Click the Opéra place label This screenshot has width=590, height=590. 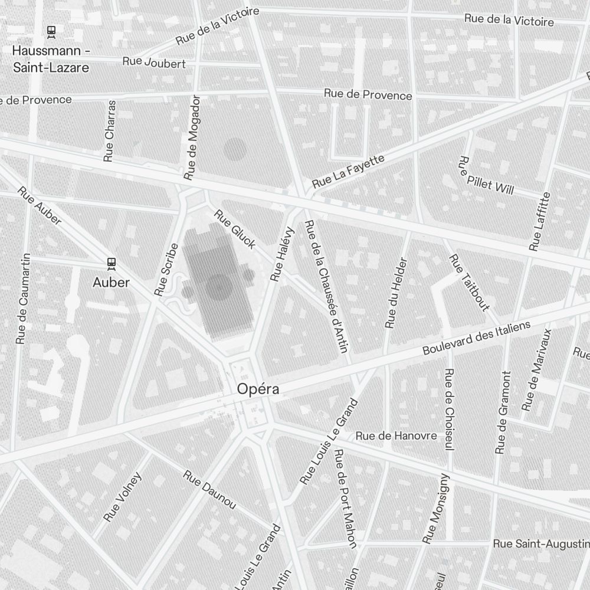pos(257,389)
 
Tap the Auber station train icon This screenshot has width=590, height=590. pos(111,264)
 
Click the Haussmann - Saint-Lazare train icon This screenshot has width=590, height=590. pos(51,31)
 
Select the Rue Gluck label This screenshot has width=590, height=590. pos(234,229)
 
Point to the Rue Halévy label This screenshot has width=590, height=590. pos(282,253)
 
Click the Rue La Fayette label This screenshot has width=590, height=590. pos(348,172)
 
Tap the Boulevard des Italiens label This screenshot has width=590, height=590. pos(476,338)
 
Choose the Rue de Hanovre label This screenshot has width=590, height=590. pos(396,436)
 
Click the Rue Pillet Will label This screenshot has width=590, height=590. pos(486,175)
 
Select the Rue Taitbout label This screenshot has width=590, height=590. pos(469,282)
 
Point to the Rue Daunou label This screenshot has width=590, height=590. pos(209,490)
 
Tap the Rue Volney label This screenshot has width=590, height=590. pos(123,497)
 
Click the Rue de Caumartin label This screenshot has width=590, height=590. pos(23,299)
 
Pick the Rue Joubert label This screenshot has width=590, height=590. pos(154,63)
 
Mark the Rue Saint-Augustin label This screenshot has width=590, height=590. pos(540,543)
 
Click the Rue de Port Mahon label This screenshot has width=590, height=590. pos(346,499)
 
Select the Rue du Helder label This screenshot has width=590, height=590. pos(396,293)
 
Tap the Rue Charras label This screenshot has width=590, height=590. pos(110,131)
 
